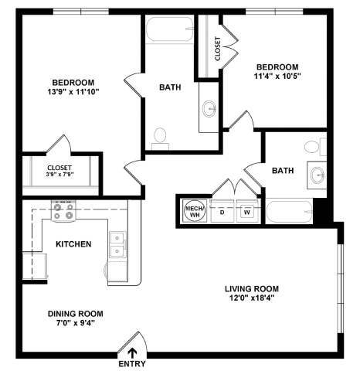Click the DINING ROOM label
[x=75, y=313]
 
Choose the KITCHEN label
[x=73, y=244]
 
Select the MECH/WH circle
[x=192, y=209]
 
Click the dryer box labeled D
[x=222, y=210]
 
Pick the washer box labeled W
[x=247, y=210]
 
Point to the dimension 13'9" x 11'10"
[x=73, y=93]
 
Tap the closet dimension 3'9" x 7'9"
[x=59, y=175]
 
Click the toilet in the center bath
[x=161, y=137]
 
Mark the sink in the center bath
[x=209, y=109]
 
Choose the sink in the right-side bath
[x=318, y=175]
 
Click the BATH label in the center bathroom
[x=170, y=87]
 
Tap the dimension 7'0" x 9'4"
[x=75, y=324]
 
